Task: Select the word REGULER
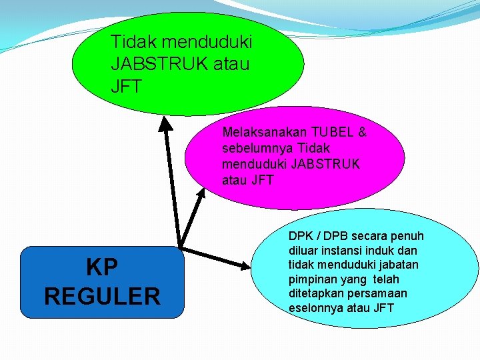pyautogui.click(x=102, y=295)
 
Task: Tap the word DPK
pyautogui.click(x=301, y=236)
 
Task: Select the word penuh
pyautogui.click(x=408, y=236)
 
